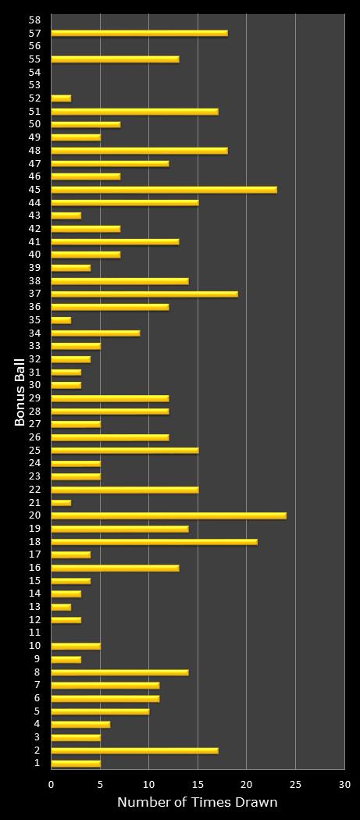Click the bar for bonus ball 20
click(x=168, y=515)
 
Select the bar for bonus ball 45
click(x=163, y=190)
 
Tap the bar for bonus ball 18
click(x=154, y=542)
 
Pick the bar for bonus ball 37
click(x=144, y=294)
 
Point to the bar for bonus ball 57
click(x=139, y=33)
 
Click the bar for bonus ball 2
click(x=134, y=750)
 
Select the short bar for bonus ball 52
click(x=61, y=98)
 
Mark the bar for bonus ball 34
click(x=95, y=333)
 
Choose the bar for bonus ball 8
click(x=119, y=672)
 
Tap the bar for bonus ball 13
click(x=61, y=607)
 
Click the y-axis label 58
click(x=34, y=20)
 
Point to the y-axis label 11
click(x=34, y=633)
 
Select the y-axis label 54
click(x=34, y=72)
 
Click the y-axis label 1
click(x=37, y=763)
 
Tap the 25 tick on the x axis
click(x=295, y=784)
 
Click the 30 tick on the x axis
click(x=344, y=784)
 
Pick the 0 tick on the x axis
click(x=52, y=784)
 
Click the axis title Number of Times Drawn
click(x=197, y=802)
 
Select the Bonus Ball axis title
click(x=20, y=391)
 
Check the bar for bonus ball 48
click(x=139, y=150)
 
